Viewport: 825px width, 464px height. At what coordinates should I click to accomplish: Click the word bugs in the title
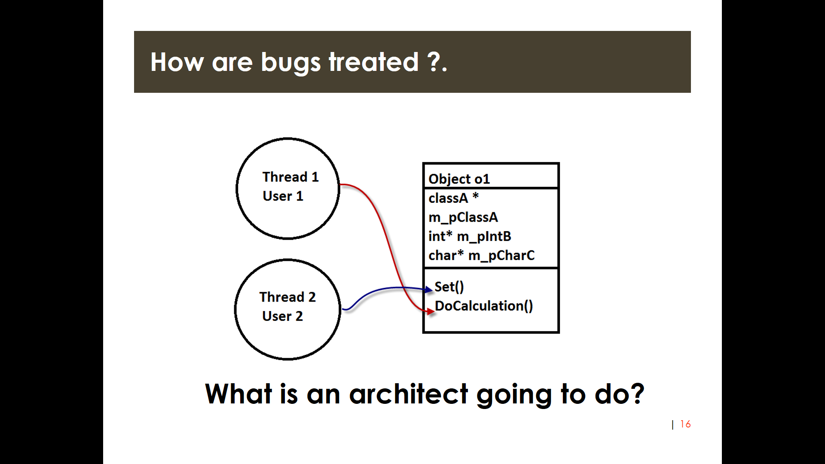(290, 63)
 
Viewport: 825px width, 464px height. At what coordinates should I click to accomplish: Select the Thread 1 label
(290, 177)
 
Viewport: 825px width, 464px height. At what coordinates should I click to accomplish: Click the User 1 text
(283, 196)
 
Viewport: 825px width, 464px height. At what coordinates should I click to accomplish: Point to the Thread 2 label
(287, 297)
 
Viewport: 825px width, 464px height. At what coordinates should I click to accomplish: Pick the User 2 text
(282, 316)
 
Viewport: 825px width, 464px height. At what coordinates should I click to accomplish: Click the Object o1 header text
(459, 179)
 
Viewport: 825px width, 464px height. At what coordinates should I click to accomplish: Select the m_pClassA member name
(463, 217)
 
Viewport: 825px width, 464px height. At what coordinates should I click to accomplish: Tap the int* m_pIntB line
(470, 236)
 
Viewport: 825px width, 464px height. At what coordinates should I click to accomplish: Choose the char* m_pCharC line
(481, 255)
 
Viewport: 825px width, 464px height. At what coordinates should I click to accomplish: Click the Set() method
(449, 287)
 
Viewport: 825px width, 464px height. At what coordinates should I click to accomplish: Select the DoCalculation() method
(484, 306)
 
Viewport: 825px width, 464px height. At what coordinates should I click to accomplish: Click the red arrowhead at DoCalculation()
(430, 311)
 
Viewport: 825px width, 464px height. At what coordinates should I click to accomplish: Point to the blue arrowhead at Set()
(428, 290)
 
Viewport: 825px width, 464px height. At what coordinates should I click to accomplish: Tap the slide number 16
(685, 424)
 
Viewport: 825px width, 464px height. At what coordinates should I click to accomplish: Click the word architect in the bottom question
(408, 394)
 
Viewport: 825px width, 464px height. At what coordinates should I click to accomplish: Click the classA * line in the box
(453, 198)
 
